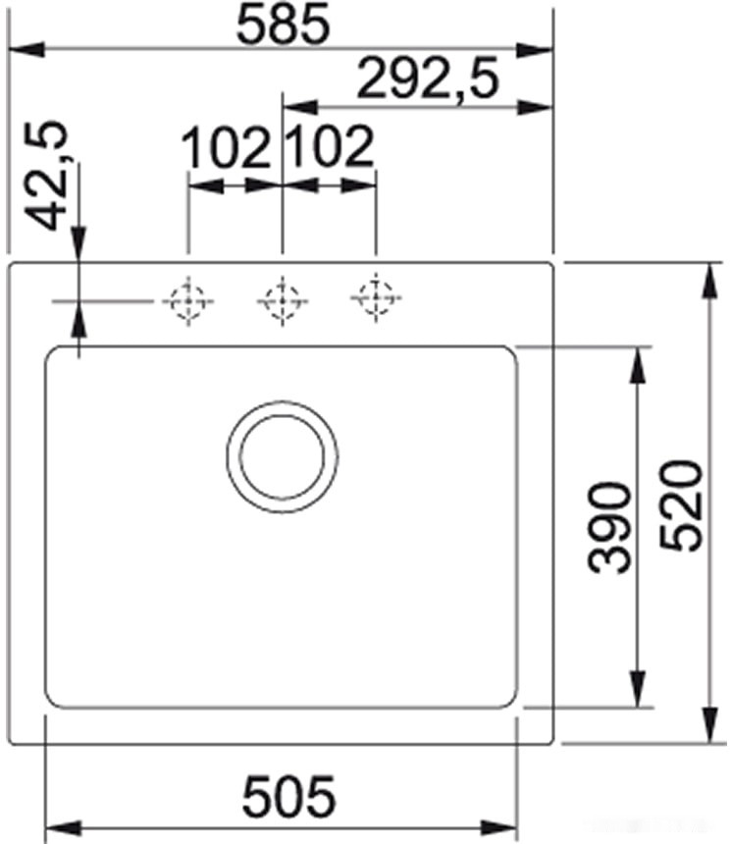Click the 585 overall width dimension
click(282, 26)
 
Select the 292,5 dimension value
click(428, 79)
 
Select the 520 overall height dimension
click(681, 504)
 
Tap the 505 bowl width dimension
click(288, 797)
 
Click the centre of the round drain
click(282, 456)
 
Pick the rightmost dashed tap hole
click(376, 297)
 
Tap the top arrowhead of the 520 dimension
click(709, 281)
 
